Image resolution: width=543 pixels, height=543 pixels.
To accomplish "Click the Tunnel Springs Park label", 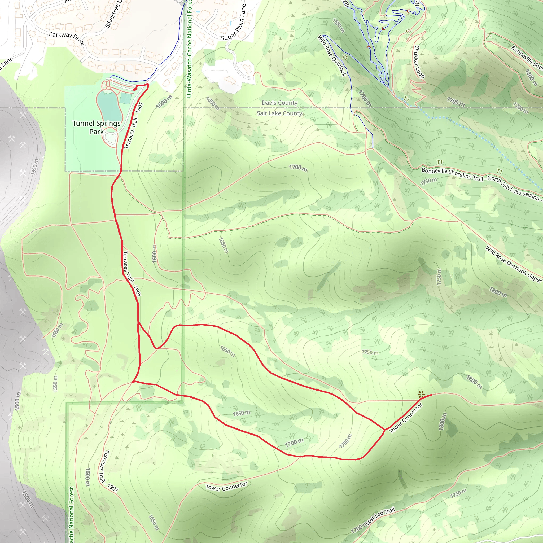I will point(97,127).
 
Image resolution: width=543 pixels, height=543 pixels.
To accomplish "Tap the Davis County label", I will point(279,103).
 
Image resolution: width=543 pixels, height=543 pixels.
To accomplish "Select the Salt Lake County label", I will point(279,113).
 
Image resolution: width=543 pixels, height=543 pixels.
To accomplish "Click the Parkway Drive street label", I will point(67,38).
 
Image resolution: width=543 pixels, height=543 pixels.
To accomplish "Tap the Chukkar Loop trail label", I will point(419,62).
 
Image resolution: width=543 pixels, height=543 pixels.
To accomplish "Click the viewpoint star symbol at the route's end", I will point(421,394).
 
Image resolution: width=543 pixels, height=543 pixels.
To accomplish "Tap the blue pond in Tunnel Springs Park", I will point(109,107).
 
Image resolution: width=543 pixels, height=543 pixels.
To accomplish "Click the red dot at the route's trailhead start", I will point(135,90).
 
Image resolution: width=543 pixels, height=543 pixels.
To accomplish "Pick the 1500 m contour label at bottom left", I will point(28,499).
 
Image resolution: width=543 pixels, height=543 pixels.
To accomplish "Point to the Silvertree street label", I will point(114,14).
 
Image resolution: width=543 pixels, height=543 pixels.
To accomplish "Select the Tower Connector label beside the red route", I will point(406,418).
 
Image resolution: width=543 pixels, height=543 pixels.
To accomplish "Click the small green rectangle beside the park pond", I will point(126,99).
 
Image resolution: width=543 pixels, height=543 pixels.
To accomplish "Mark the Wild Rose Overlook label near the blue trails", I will point(332,56).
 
